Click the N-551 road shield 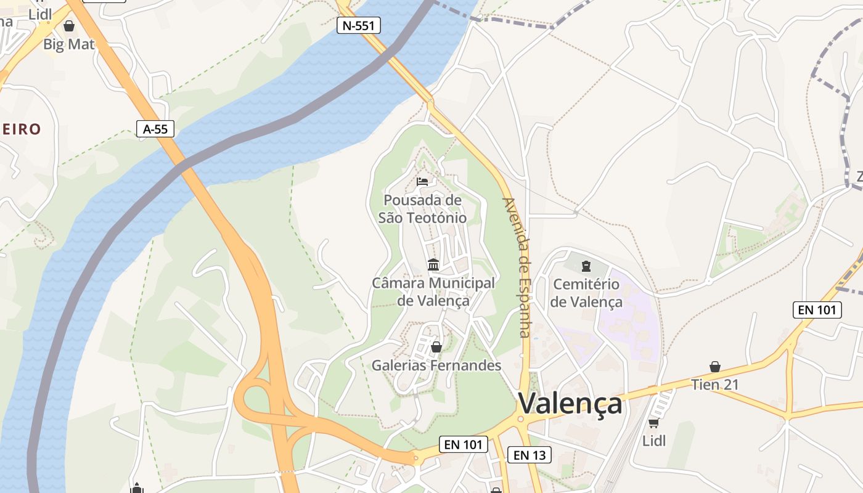(358, 25)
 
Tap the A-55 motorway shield (155, 129)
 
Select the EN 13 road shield (529, 455)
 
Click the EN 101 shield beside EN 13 (464, 444)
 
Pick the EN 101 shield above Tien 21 (817, 310)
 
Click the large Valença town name (570, 404)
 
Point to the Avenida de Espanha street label (517, 267)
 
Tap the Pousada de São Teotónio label (422, 209)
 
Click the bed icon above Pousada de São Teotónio (422, 181)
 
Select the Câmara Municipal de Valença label (433, 291)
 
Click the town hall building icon (433, 264)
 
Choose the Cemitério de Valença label (586, 293)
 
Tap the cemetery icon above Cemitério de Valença (586, 266)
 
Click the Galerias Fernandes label (436, 365)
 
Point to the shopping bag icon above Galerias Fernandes (436, 347)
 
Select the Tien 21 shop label (714, 385)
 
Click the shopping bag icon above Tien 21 (714, 367)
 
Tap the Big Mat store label (69, 44)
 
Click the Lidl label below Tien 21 (654, 441)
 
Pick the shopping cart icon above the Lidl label (653, 423)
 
